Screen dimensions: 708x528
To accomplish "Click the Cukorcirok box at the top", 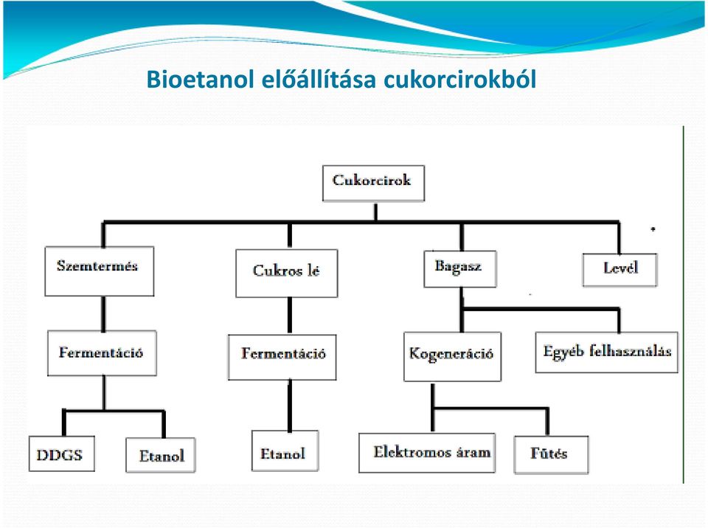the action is [373, 183].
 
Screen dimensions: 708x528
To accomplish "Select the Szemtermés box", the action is [100, 271].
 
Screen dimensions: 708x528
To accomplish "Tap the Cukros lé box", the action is [287, 274].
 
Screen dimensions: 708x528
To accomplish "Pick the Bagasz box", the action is [460, 269].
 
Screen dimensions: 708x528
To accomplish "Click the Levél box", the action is [620, 270].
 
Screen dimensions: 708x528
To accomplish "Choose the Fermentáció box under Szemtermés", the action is [102, 353].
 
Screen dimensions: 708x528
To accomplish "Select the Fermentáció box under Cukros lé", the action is [282, 357].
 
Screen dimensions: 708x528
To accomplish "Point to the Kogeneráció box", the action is [452, 357].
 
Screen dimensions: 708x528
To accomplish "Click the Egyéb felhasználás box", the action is [606, 352].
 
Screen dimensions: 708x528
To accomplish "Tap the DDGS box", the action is [62, 454].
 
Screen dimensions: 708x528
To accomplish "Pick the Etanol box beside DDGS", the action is [161, 455].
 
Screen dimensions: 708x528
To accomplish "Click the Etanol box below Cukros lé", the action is [285, 451].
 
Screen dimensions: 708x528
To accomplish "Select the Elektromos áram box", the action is [427, 453].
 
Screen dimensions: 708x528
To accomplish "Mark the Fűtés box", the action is [552, 454].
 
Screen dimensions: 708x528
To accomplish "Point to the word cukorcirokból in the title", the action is [459, 79].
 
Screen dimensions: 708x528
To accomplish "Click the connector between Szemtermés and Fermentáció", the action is [103, 313].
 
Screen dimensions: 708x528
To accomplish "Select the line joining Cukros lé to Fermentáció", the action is [289, 316].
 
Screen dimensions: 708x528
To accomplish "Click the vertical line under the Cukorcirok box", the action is [375, 212].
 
